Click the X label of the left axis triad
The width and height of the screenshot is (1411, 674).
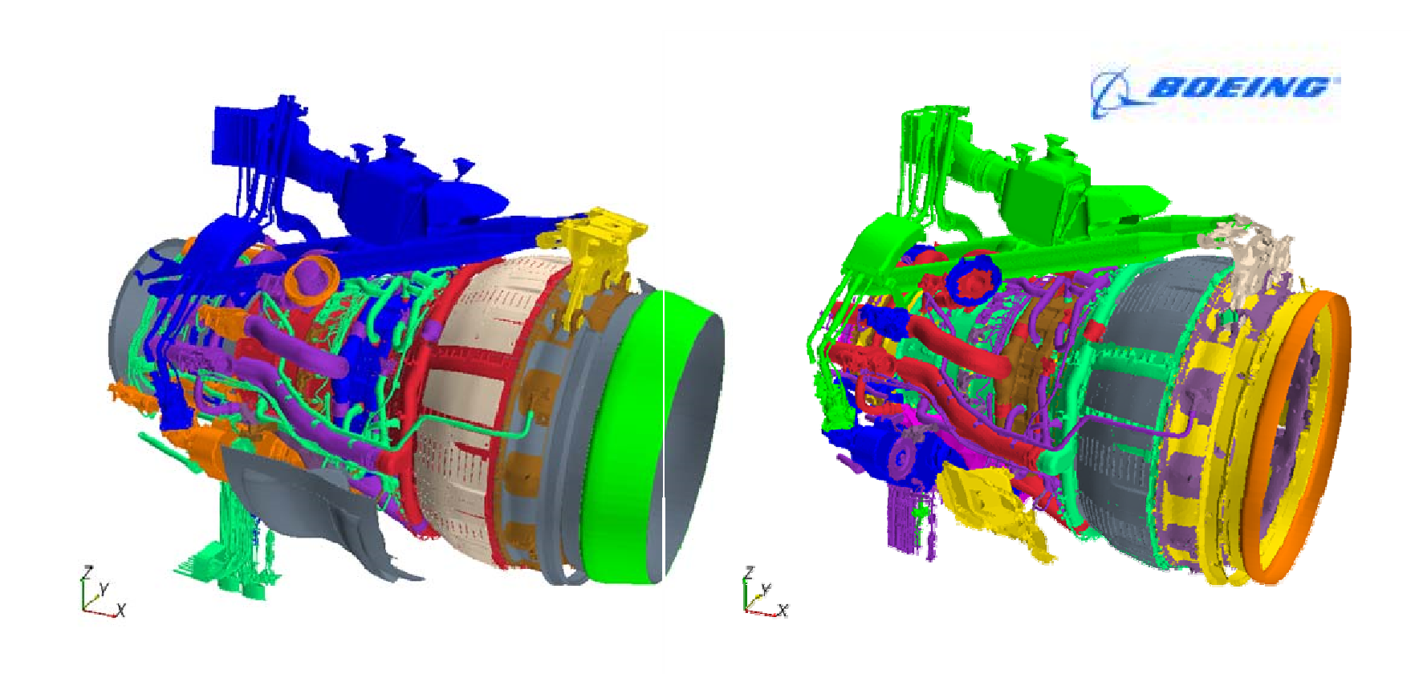tap(120, 611)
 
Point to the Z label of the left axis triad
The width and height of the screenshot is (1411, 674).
tap(86, 572)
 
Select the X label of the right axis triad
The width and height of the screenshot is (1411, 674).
tap(783, 611)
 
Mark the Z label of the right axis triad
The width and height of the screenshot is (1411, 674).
tap(748, 572)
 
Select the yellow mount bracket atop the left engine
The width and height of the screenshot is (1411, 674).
tap(594, 257)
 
